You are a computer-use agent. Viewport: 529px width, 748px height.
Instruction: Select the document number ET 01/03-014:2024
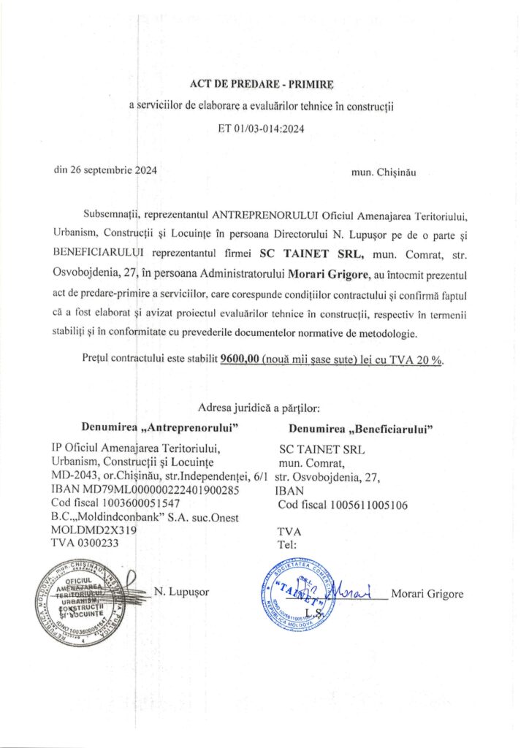(261, 129)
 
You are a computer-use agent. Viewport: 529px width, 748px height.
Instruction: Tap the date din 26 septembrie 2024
(104, 170)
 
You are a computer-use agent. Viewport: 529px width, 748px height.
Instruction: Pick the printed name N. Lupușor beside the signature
(180, 592)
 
